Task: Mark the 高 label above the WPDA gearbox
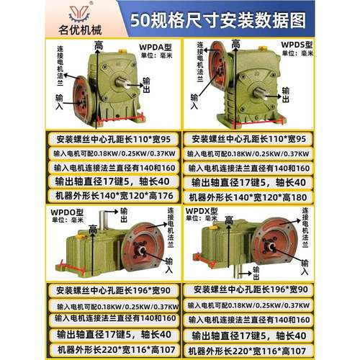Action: pyautogui.click(x=98, y=46)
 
